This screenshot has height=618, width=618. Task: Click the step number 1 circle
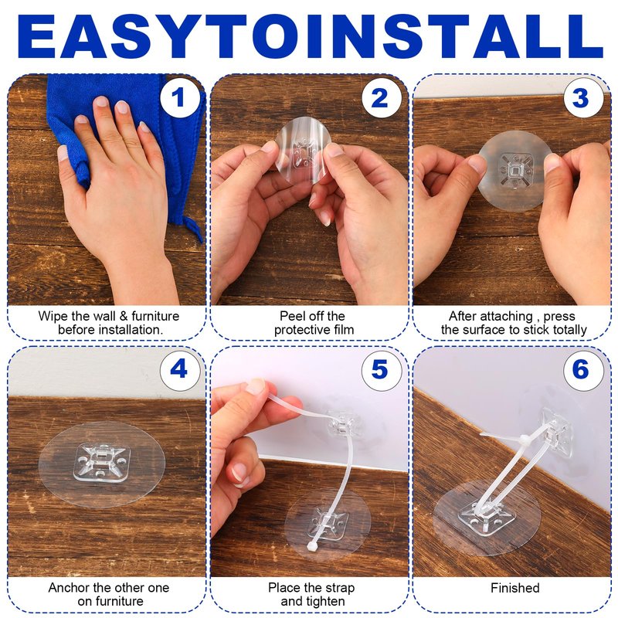pyautogui.click(x=179, y=97)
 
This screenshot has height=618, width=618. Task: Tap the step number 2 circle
pyautogui.click(x=381, y=97)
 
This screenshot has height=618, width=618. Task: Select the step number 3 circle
pyautogui.click(x=583, y=97)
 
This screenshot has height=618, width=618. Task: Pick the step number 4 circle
pyautogui.click(x=179, y=370)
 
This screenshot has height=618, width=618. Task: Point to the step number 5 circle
pyautogui.click(x=381, y=370)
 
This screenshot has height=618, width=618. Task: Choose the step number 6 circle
pyautogui.click(x=583, y=370)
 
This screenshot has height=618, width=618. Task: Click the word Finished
pyautogui.click(x=514, y=588)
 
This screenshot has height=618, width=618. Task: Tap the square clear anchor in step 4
pyautogui.click(x=102, y=462)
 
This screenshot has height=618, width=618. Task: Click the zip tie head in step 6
pyautogui.click(x=525, y=439)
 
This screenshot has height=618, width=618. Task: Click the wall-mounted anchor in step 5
pyautogui.click(x=344, y=424)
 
